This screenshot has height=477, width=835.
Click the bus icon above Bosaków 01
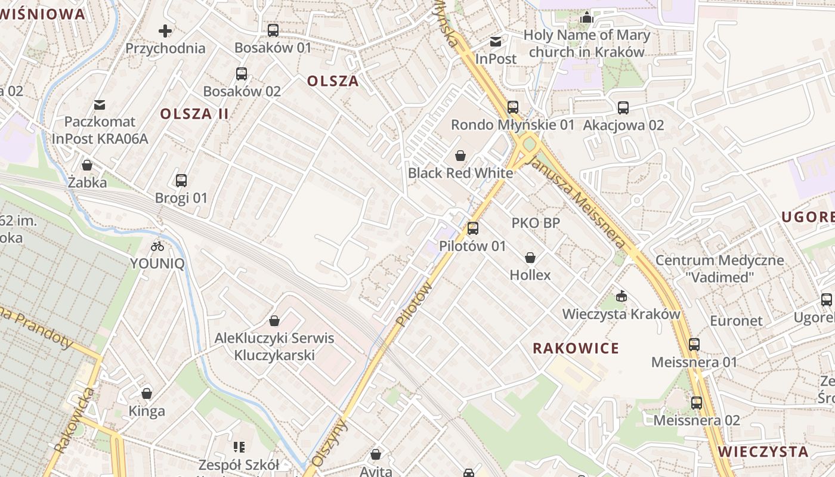tap(273, 30)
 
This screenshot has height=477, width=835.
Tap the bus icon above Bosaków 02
tap(242, 74)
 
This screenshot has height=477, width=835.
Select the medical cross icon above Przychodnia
tap(165, 31)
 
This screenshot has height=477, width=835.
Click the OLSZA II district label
tap(194, 114)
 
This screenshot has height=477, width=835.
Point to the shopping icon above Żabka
tap(87, 165)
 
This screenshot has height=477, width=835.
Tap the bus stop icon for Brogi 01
tap(181, 180)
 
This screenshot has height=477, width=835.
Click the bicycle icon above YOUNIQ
tap(157, 246)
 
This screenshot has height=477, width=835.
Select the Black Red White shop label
tap(460, 173)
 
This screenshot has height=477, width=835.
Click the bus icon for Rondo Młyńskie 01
tap(513, 107)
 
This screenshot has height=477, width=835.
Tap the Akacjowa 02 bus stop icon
tap(623, 108)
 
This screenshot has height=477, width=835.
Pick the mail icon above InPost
tap(496, 42)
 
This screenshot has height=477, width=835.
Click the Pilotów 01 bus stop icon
tap(473, 228)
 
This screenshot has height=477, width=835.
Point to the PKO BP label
tap(536, 223)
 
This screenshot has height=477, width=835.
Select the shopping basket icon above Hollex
tap(530, 258)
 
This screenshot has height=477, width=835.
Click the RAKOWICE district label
tap(576, 348)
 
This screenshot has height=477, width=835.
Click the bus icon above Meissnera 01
tap(694, 345)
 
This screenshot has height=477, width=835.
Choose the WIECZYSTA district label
tap(763, 451)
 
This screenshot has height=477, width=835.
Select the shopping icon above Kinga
tap(147, 394)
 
